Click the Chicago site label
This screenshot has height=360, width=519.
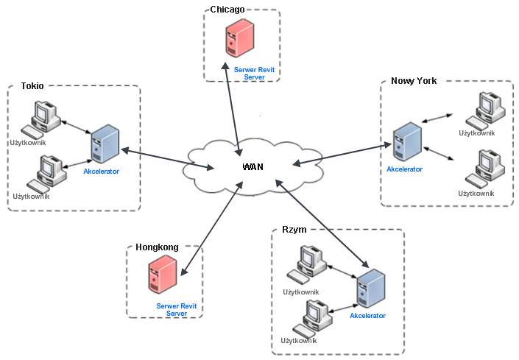pyautogui.click(x=227, y=9)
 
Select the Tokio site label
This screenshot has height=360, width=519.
pyautogui.click(x=32, y=85)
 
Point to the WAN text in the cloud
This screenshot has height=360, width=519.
pyautogui.click(x=253, y=167)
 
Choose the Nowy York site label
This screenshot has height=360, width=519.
pyautogui.click(x=414, y=81)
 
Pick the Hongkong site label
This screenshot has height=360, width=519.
pyautogui.click(x=157, y=247)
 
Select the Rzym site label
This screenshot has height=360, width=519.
pyautogui.click(x=294, y=230)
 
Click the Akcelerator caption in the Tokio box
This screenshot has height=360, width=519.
pyautogui.click(x=101, y=171)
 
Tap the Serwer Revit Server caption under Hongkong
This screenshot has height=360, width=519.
pyautogui.click(x=177, y=309)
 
